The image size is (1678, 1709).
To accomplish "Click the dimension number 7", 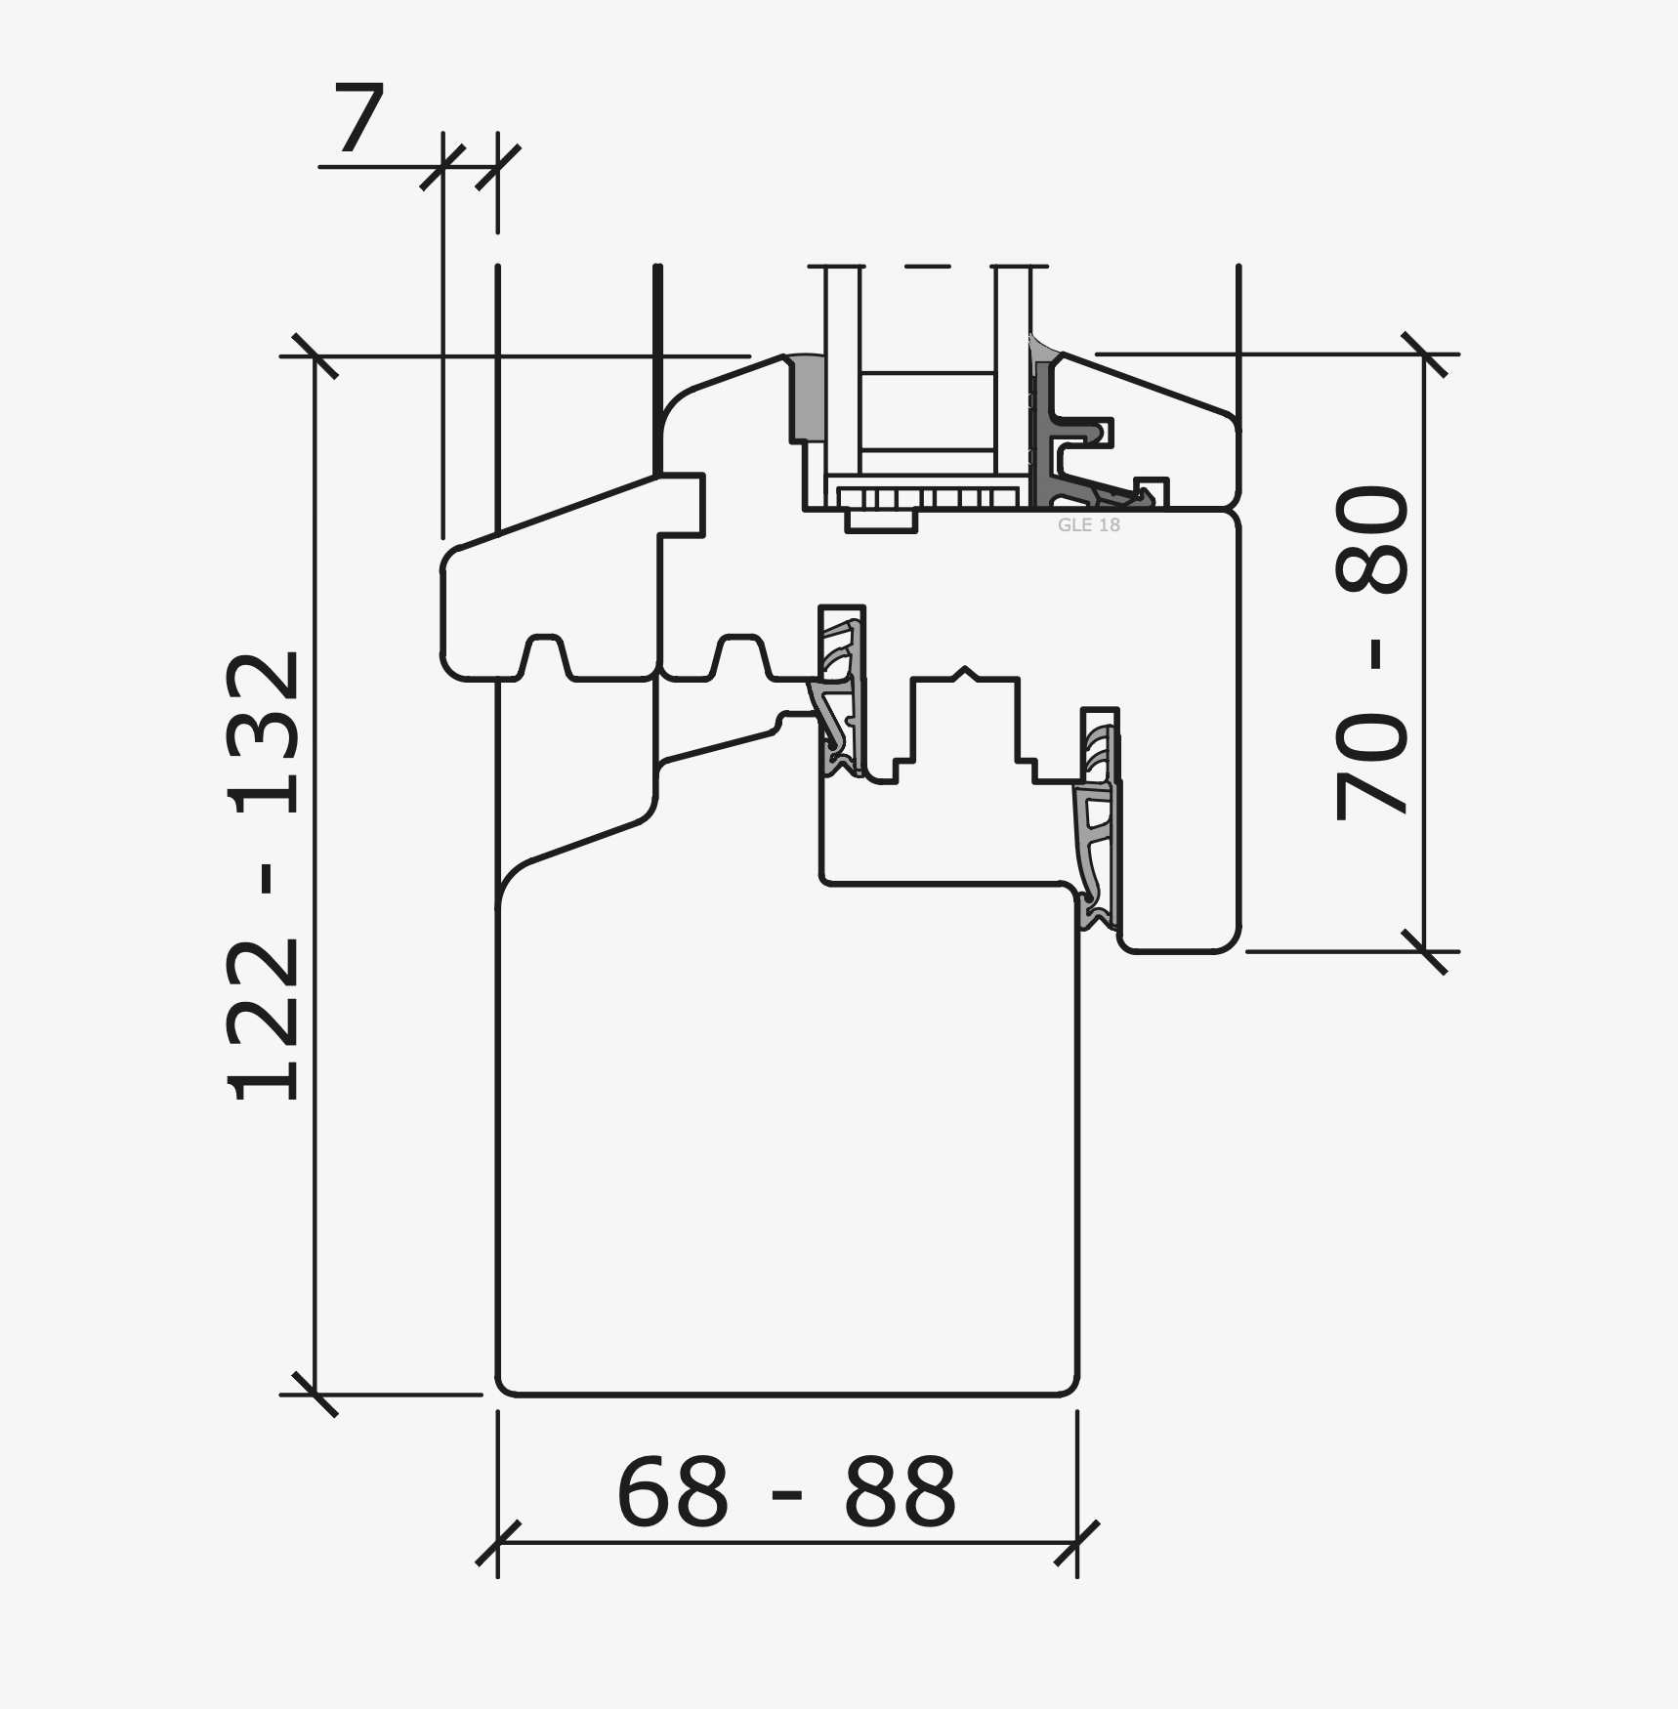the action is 359,118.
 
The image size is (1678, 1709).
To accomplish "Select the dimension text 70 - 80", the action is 1371,652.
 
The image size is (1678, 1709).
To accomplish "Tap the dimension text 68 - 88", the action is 786,1491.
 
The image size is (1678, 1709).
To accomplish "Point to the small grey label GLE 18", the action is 1088,525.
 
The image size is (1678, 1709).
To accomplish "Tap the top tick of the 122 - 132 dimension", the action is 315,355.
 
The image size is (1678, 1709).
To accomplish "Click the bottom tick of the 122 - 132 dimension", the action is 315,1395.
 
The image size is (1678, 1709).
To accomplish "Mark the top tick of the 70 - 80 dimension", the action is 1424,354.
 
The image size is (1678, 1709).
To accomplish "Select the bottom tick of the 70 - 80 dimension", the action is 1424,951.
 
